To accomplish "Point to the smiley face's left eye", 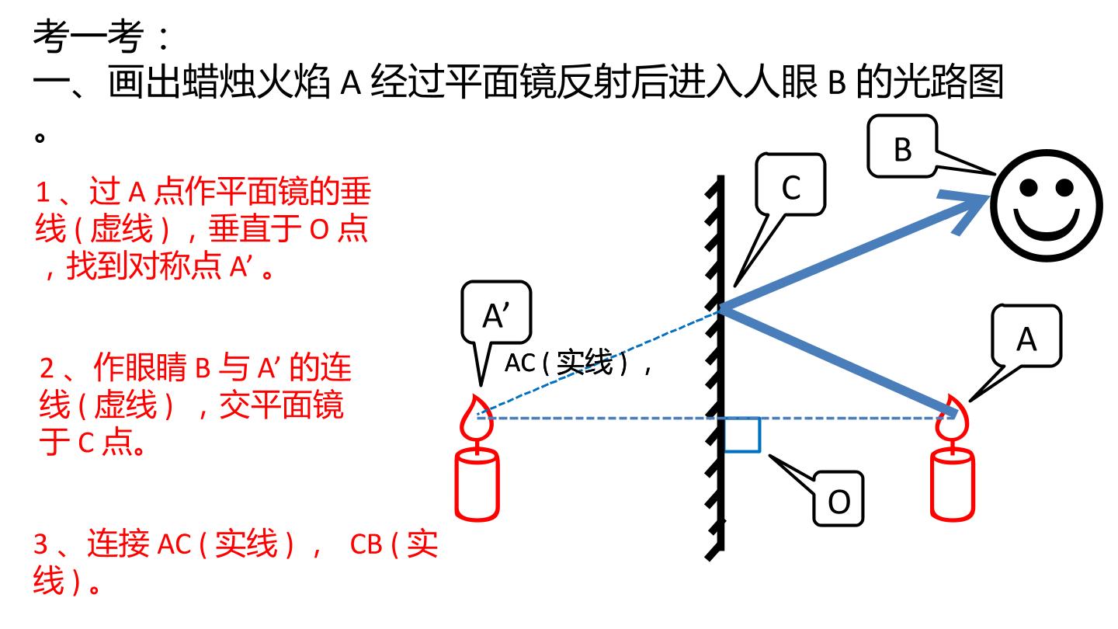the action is coord(1029,188).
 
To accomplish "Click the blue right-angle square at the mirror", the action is coord(742,435).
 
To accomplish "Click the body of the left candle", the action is coord(477,485).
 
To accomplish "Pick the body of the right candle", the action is coord(953,485).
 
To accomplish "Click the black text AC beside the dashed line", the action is coord(520,363).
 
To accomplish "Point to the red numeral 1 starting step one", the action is coord(43,193).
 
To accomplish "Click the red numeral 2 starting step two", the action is coord(47,368).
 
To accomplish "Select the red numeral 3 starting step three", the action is coord(41,544).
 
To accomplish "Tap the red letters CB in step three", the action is coord(366,544).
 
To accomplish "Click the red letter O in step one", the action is coord(319,230).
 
